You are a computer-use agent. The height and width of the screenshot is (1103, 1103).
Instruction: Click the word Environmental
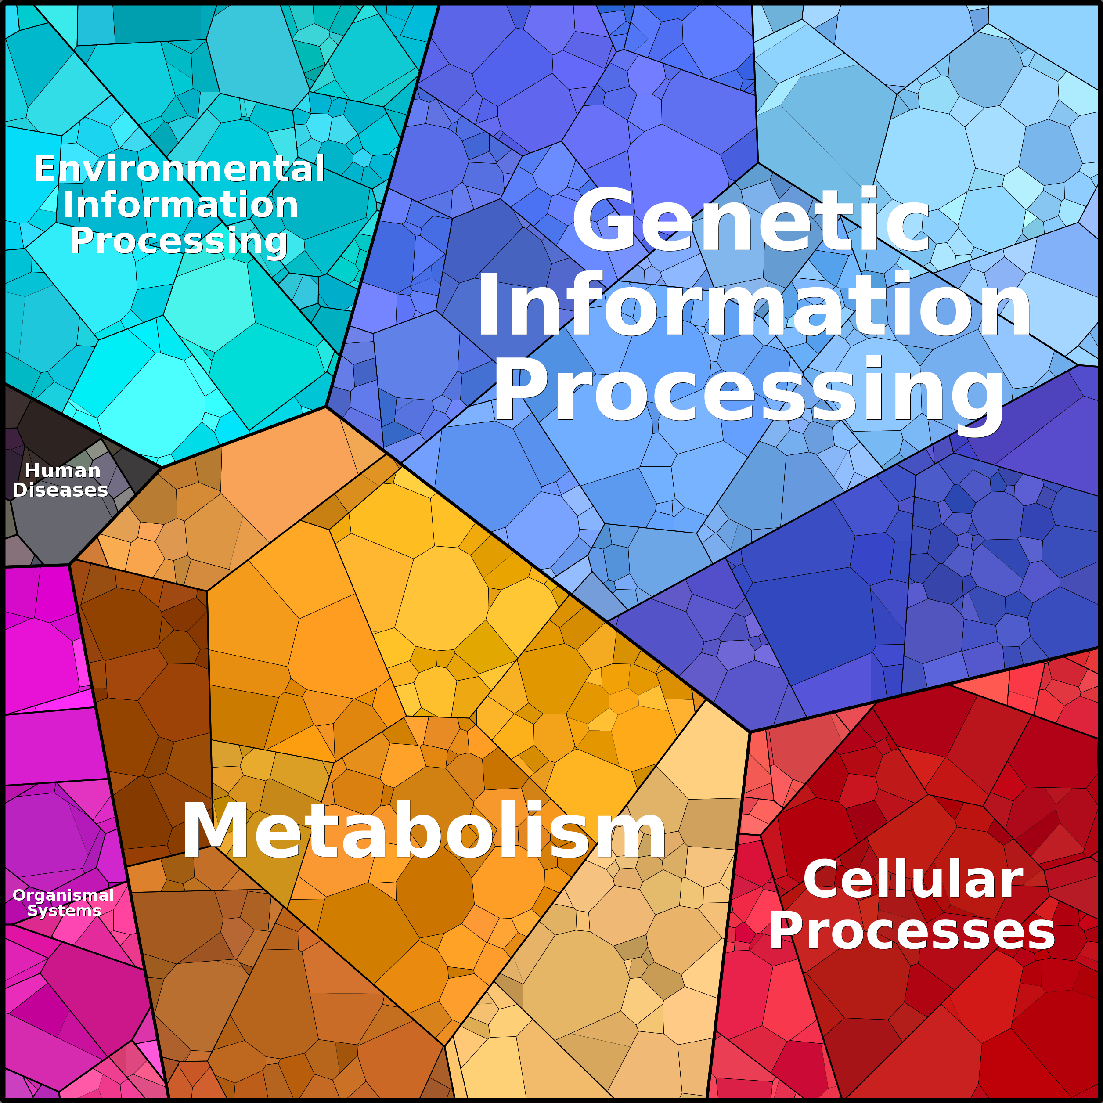coord(179,169)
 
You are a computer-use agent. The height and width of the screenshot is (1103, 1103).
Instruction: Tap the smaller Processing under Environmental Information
coord(179,242)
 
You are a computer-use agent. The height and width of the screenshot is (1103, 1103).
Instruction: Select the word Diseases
coord(60,490)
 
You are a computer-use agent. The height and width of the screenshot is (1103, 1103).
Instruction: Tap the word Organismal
coord(63,895)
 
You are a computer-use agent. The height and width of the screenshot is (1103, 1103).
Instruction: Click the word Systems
coord(64,911)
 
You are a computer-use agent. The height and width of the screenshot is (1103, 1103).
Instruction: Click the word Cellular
coord(913,880)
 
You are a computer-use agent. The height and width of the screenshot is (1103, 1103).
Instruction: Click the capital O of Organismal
coord(19,895)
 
